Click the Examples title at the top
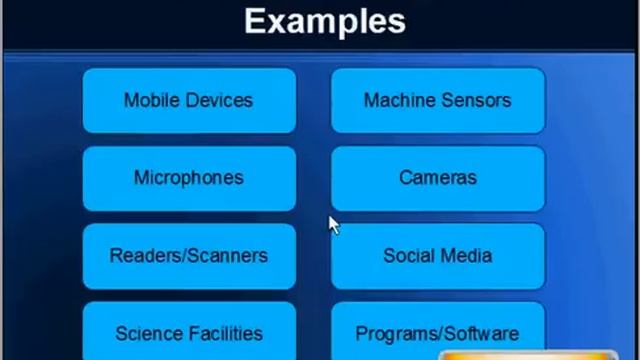tap(325, 21)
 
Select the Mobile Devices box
tap(189, 100)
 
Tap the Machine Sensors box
tap(437, 100)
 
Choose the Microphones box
tap(189, 178)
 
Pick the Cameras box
tap(437, 178)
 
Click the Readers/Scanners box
tap(189, 256)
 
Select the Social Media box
tap(437, 256)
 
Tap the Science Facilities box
tap(189, 333)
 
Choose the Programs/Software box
tap(437, 333)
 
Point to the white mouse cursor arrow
tap(333, 225)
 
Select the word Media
tap(466, 256)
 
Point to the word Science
tap(147, 333)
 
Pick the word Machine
tap(399, 100)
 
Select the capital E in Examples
tap(255, 21)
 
